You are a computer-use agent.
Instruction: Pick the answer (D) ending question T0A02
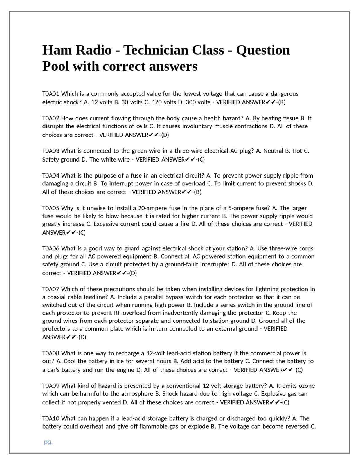165,135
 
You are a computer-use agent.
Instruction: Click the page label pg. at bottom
48,442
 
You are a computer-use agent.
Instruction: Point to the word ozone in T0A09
307,386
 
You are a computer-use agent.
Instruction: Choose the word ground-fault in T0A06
182,265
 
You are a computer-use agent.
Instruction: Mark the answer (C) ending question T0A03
201,160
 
